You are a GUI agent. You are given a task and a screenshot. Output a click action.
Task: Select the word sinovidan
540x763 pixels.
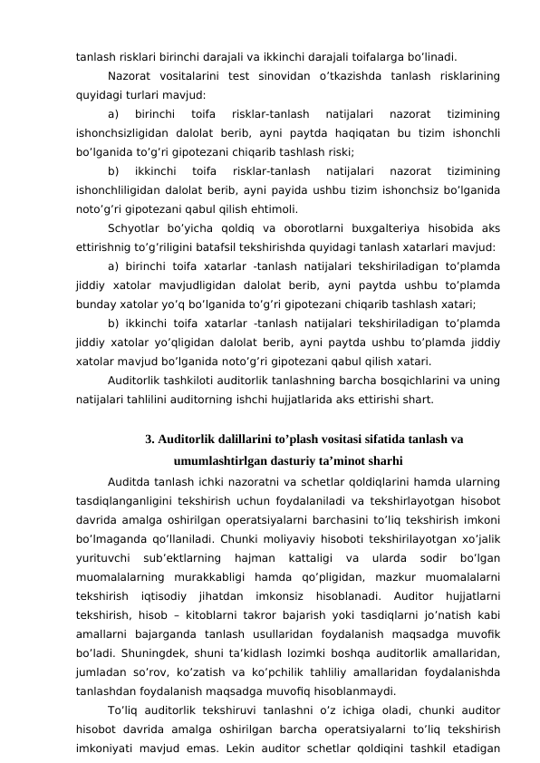[x=284, y=73]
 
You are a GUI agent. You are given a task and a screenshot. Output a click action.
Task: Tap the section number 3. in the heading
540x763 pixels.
[x=150, y=441]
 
